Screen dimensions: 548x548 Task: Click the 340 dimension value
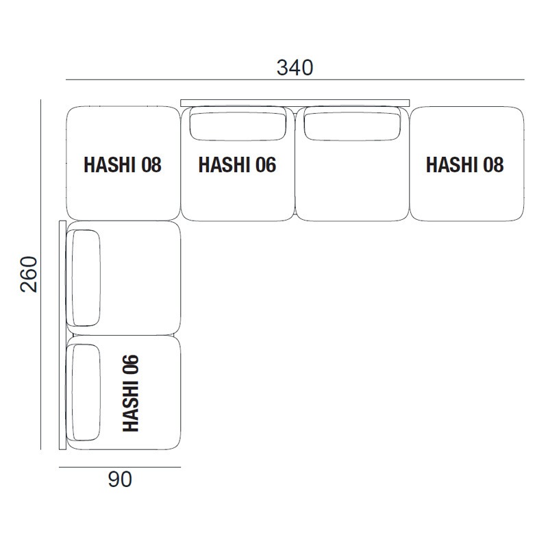coord(295,67)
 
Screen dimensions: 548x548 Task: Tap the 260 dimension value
coord(29,274)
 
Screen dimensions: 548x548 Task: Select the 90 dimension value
coord(120,480)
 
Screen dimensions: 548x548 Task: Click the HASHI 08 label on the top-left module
coord(123,165)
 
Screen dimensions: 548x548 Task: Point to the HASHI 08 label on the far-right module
coord(464,165)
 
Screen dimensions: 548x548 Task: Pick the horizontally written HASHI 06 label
coord(237,165)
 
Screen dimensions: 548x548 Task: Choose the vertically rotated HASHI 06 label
coord(130,393)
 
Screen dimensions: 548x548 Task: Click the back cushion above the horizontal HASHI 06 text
coord(237,124)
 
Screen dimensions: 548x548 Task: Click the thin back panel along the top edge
coord(295,103)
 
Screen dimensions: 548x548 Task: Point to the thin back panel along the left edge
coord(62,336)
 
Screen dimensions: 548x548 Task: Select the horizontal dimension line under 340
coord(295,80)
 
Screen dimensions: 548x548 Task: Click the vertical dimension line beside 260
coord(41,274)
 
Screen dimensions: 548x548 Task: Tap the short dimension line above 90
coord(120,467)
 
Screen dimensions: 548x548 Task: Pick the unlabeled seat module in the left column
coord(140,278)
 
